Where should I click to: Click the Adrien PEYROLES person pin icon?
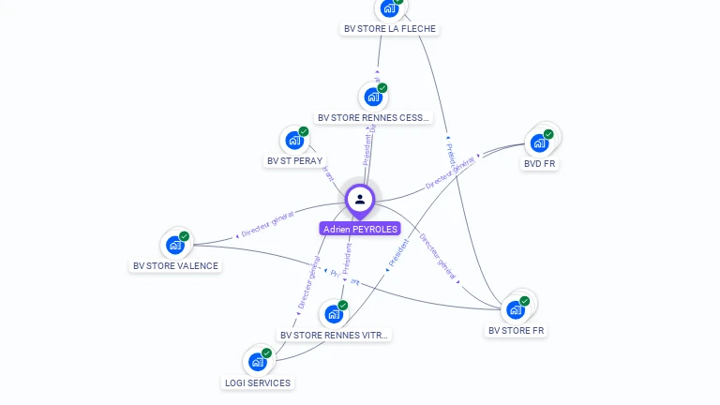[360, 199]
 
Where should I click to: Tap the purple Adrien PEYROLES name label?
[360, 229]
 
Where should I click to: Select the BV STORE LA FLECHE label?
[390, 28]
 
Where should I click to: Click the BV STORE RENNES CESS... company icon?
[374, 97]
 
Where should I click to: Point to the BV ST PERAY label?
[294, 161]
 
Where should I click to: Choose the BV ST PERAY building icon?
[295, 141]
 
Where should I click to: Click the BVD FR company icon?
[540, 142]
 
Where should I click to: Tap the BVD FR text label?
[540, 163]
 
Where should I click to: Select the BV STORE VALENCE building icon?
[175, 245]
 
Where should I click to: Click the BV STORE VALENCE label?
[175, 265]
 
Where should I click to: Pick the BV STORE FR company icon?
[516, 309]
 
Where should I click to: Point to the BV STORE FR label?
[517, 330]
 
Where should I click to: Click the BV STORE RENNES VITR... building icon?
[334, 314]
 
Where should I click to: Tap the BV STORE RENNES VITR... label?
[334, 335]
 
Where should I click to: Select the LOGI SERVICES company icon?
[258, 362]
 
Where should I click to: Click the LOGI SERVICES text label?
[258, 382]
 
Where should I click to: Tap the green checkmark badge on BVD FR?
[548, 134]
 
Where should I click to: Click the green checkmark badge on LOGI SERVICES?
[266, 353]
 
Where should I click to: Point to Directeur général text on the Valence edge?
[267, 223]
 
